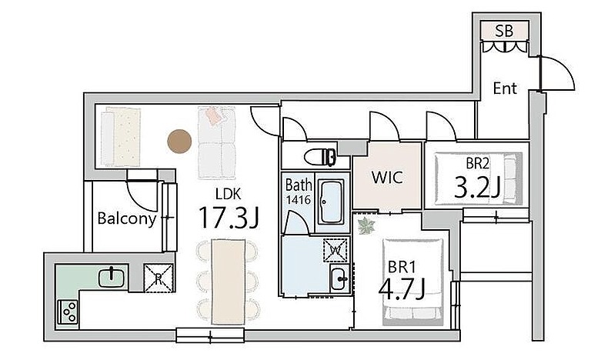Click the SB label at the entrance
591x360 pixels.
[504, 31]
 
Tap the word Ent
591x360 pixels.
[505, 88]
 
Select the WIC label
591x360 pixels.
[387, 177]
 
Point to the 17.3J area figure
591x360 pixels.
[229, 218]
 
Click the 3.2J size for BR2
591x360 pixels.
[477, 187]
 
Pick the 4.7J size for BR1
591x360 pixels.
[402, 288]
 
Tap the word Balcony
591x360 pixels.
[127, 219]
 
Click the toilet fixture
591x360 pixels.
[320, 157]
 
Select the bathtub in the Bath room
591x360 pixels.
[331, 202]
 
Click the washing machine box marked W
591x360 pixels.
[335, 249]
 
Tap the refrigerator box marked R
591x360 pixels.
[159, 278]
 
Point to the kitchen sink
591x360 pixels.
[111, 278]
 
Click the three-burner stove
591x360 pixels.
[68, 312]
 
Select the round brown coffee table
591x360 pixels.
[179, 142]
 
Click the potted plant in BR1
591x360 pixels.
[366, 226]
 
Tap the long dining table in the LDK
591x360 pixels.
[228, 282]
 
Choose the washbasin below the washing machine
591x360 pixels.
[339, 278]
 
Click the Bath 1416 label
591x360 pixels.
[299, 192]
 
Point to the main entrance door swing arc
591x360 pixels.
[562, 68]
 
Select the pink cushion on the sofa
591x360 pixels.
[213, 115]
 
